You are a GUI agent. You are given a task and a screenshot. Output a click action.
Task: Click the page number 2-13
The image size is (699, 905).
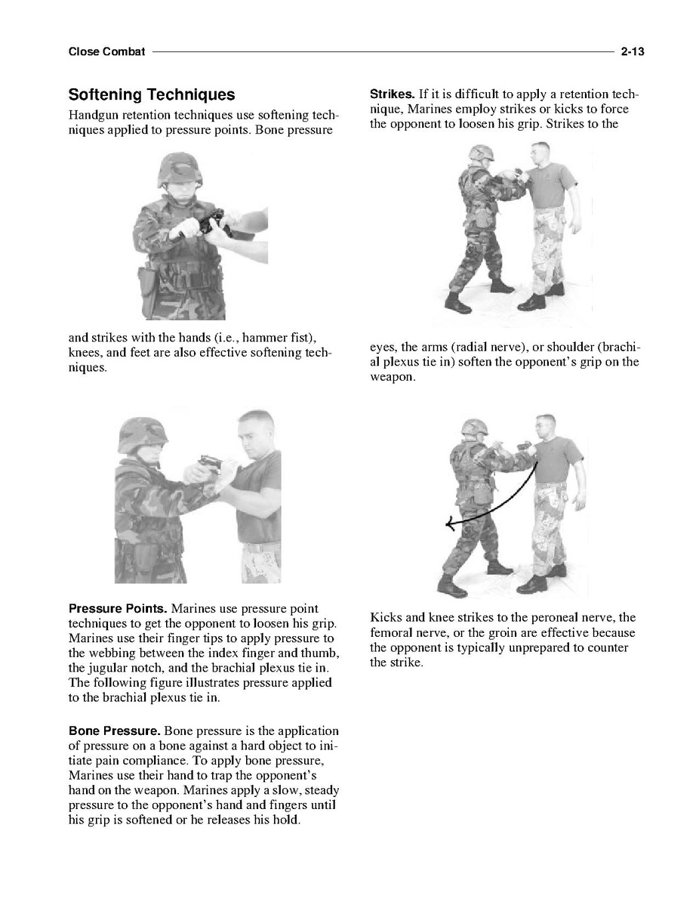point(631,52)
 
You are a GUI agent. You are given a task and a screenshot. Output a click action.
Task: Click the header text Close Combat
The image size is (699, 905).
point(106,52)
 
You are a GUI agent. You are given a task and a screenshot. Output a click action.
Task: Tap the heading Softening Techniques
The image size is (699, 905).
point(151,95)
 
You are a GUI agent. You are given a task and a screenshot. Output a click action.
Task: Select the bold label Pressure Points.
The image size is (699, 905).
point(118,609)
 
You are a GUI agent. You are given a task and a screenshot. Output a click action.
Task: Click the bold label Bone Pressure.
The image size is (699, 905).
point(114,731)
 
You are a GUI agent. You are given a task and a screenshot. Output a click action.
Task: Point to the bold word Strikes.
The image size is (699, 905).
point(392,94)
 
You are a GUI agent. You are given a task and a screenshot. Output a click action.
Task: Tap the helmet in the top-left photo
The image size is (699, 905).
point(178,168)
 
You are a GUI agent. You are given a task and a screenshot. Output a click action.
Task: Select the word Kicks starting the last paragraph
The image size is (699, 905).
point(386,618)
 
